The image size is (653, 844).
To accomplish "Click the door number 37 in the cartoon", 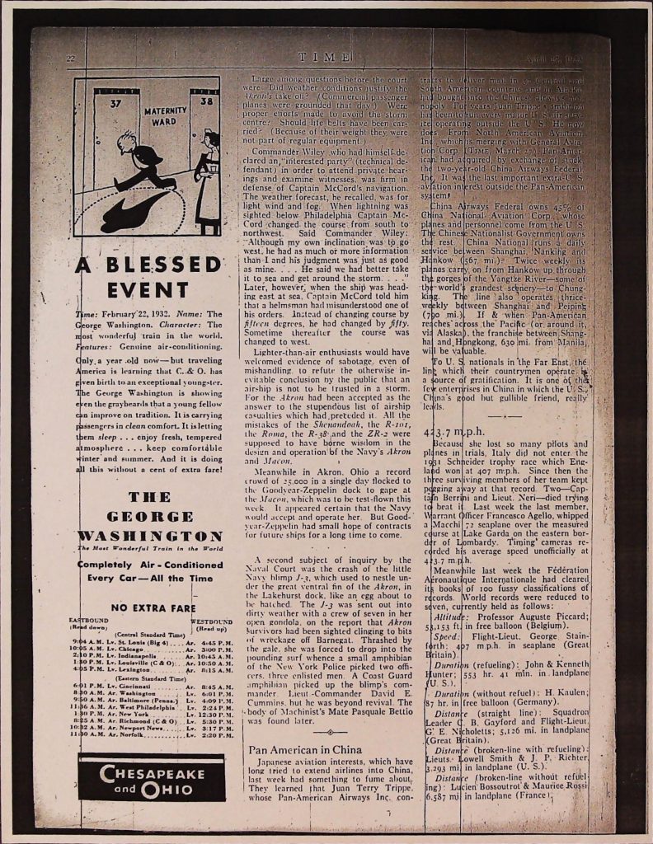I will (115, 104).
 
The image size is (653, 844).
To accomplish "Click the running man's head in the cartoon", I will (125, 142).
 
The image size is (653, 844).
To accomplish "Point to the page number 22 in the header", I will (71, 58).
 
